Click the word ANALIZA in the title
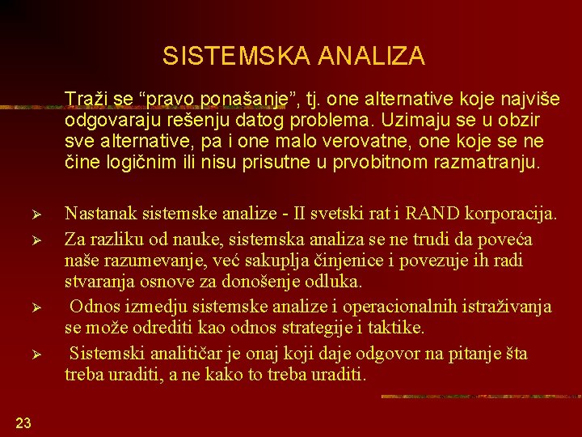click(x=371, y=56)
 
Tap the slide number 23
click(x=23, y=422)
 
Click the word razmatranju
click(x=488, y=163)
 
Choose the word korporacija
click(x=519, y=214)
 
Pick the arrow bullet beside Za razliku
click(x=47, y=239)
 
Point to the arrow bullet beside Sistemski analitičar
click(x=47, y=354)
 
